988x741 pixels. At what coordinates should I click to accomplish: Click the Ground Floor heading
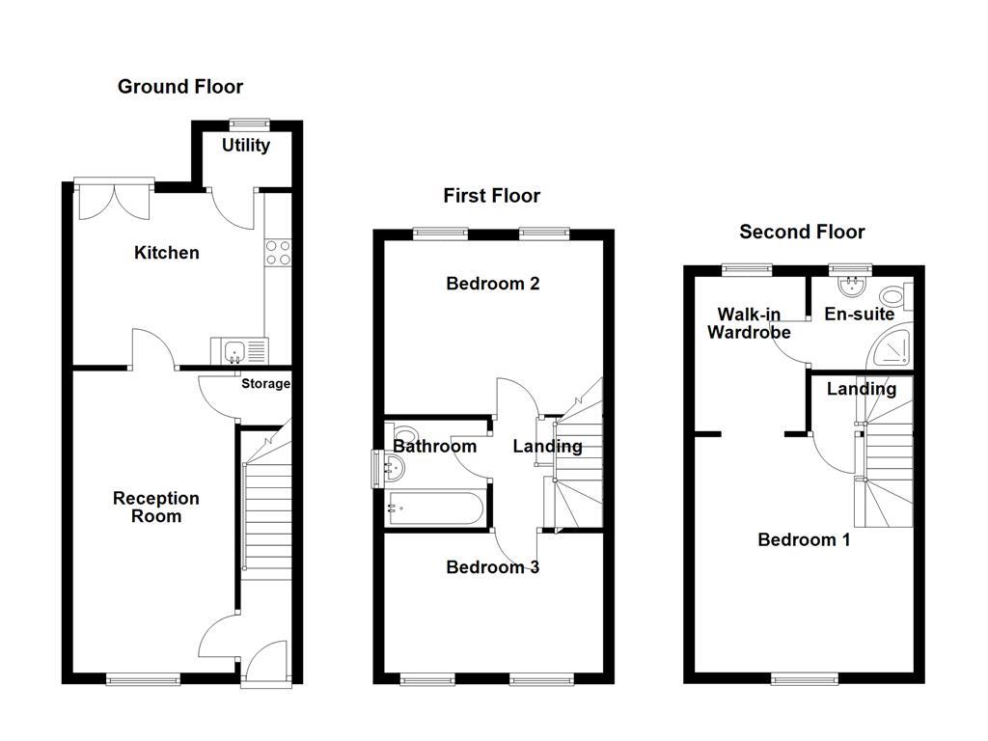click(x=180, y=87)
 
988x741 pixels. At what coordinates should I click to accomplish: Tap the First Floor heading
click(x=491, y=196)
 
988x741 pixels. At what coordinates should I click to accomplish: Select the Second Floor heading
click(x=802, y=232)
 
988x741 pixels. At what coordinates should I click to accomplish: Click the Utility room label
click(x=246, y=146)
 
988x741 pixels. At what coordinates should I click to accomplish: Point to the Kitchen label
click(x=167, y=253)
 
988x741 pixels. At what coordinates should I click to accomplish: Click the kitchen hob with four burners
click(x=278, y=252)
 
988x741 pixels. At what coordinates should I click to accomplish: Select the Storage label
click(x=265, y=384)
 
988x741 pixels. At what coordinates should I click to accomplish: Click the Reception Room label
click(x=156, y=507)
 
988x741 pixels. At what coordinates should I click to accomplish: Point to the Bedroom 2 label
click(x=492, y=284)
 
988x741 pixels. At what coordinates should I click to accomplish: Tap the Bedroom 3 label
click(x=492, y=567)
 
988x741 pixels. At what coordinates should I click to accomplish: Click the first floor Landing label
click(x=547, y=446)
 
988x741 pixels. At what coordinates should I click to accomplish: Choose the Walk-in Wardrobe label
click(x=750, y=323)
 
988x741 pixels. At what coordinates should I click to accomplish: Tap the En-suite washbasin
click(x=851, y=285)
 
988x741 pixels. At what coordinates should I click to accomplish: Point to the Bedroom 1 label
click(x=804, y=539)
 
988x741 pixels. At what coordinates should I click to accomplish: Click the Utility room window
click(x=250, y=123)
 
